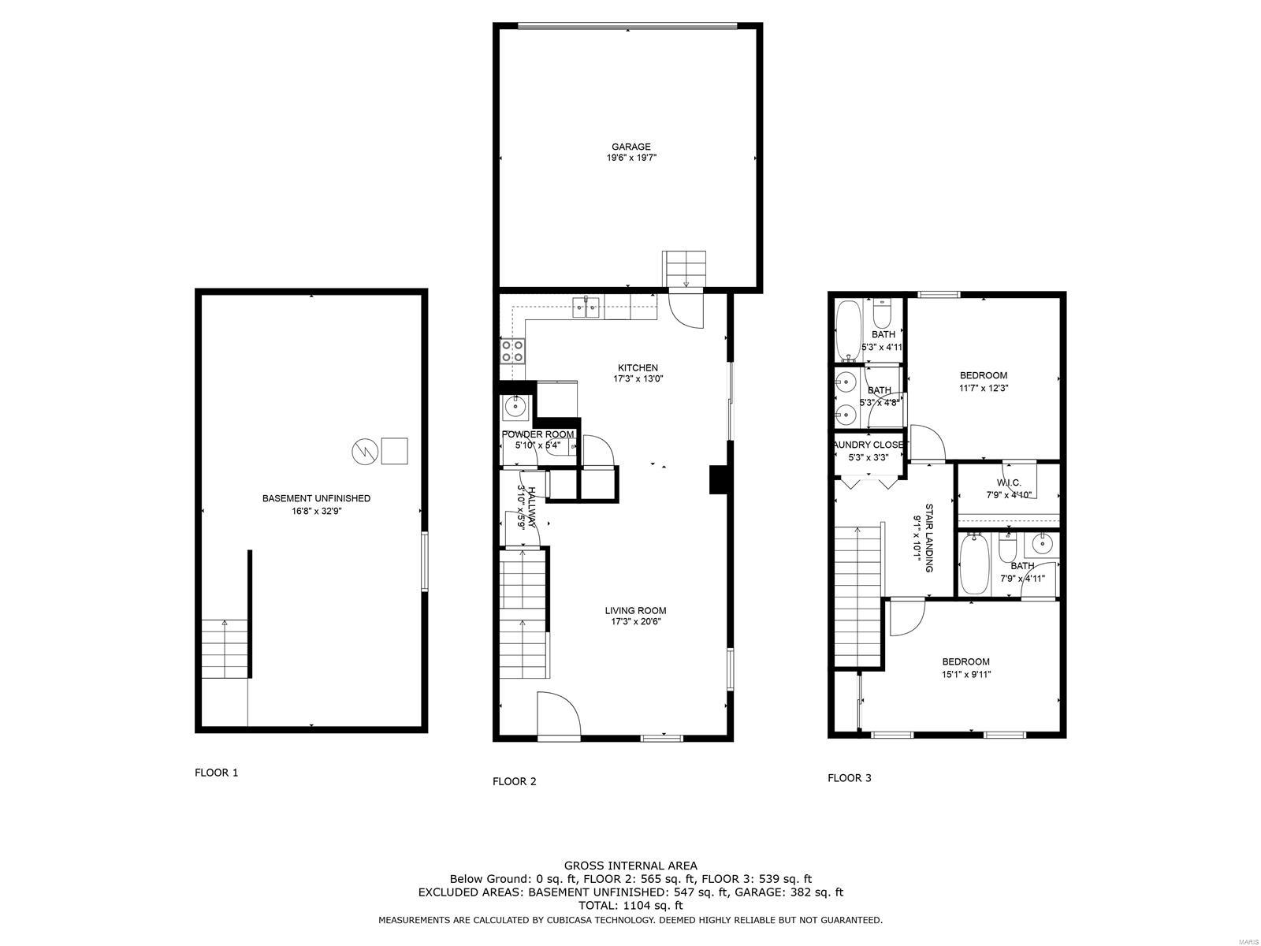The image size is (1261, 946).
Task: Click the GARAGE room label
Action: coord(631,147)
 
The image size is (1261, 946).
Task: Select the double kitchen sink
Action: coord(587,307)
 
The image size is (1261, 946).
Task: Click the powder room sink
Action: coord(515,408)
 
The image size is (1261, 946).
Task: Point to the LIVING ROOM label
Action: coord(635,610)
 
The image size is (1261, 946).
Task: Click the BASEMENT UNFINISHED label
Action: coord(316,498)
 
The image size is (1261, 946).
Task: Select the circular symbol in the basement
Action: coord(363,452)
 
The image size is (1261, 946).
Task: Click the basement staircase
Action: coord(225,648)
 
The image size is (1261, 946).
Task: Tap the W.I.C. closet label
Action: coord(1009,482)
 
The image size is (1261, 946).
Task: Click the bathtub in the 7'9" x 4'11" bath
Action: coord(974,564)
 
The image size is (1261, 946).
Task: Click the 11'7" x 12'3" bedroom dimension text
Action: coord(984,388)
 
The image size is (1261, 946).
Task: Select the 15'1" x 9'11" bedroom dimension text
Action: coord(966,674)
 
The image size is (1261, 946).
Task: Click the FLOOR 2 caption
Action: coord(514,781)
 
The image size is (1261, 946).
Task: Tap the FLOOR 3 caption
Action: coord(849,778)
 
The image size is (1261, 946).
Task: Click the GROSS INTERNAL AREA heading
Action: coord(630,866)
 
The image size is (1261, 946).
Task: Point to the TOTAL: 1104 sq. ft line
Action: coord(630,906)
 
